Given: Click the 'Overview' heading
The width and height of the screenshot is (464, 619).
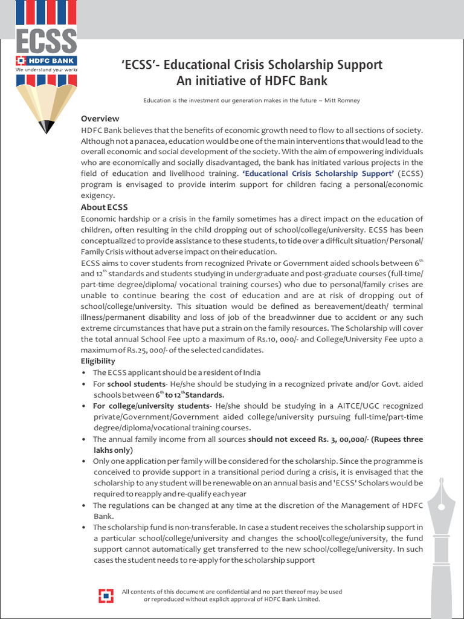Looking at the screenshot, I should point(100,118).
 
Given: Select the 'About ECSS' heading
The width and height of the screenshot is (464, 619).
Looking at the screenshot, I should point(105,207).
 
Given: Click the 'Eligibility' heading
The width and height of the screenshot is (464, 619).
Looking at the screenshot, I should point(98,361).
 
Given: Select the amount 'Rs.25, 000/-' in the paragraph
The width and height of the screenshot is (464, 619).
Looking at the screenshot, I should point(145,350).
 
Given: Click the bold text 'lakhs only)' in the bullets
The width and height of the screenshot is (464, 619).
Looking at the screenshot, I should point(113,450).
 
